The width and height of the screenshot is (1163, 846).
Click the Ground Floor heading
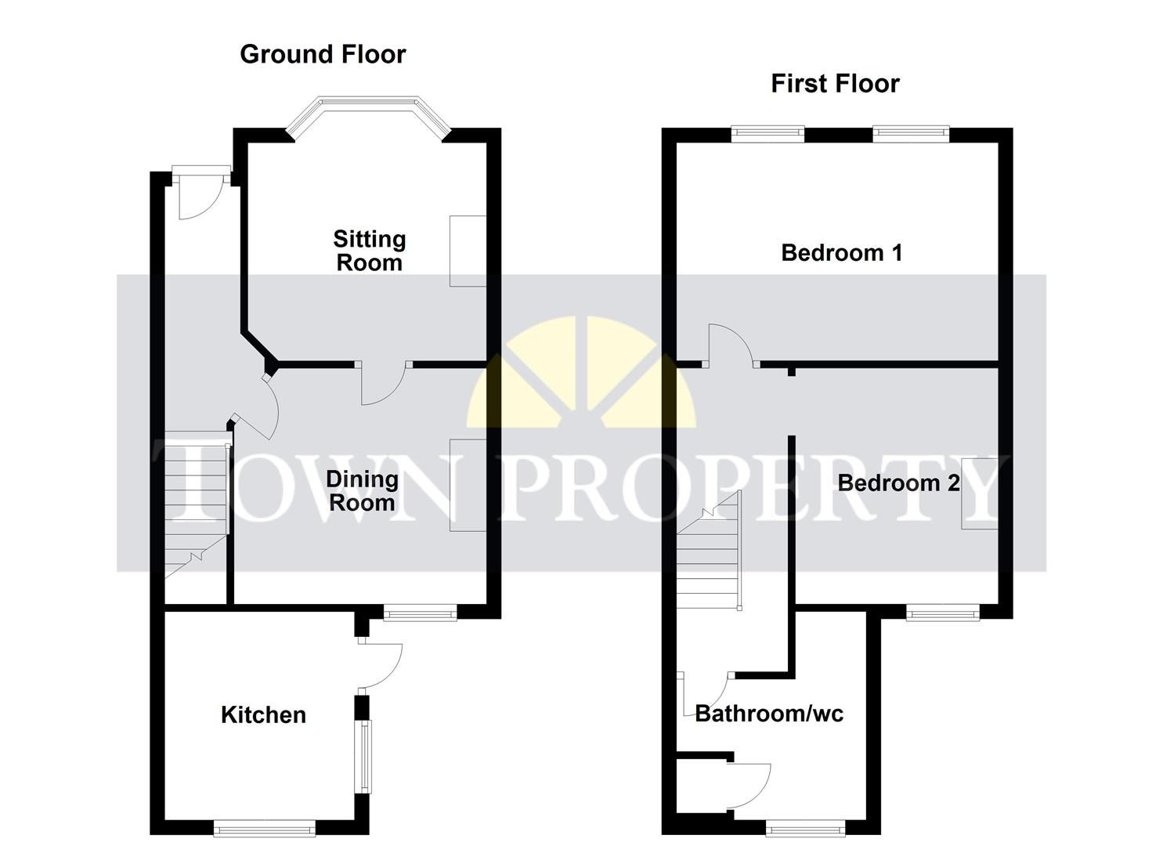[323, 54]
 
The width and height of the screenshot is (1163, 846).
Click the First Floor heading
[835, 83]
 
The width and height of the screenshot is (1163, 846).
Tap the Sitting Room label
[369, 251]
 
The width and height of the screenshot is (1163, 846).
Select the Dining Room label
[362, 490]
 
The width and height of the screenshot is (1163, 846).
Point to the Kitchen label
[263, 714]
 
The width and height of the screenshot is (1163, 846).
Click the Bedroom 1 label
[842, 252]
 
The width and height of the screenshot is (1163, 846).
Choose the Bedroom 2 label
[898, 483]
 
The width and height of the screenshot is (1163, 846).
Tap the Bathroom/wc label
[769, 713]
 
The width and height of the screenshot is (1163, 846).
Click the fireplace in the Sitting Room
[468, 251]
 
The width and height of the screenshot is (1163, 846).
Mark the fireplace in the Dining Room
[468, 485]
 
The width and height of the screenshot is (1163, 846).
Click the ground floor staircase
[195, 509]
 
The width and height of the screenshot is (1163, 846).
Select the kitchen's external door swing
[381, 664]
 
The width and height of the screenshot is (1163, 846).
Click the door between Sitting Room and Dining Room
[382, 384]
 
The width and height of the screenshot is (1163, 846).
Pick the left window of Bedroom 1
[768, 134]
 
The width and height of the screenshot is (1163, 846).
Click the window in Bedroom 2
[943, 613]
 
